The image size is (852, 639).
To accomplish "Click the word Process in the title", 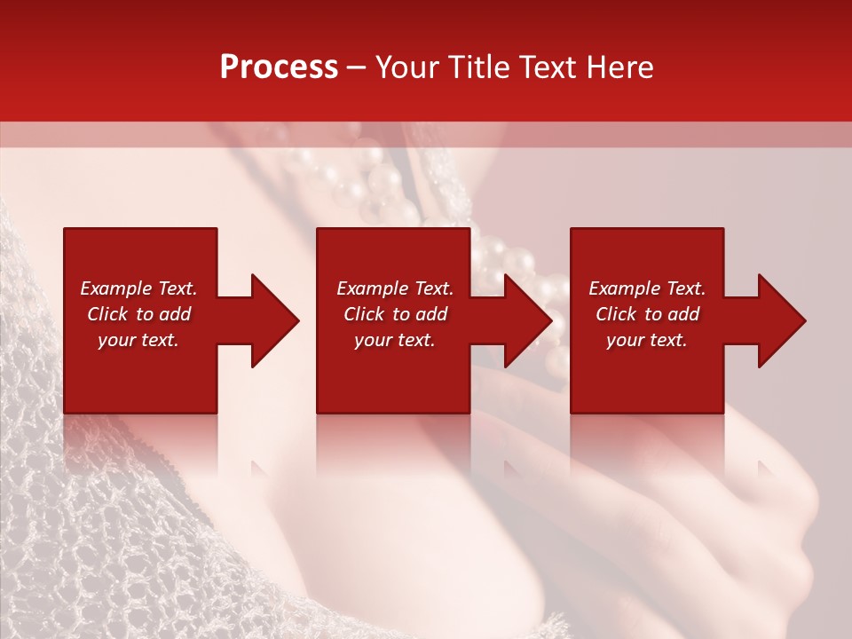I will click(x=279, y=67).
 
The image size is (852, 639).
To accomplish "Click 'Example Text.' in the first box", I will click(x=138, y=288).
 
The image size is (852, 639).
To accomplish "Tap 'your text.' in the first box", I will click(x=138, y=340).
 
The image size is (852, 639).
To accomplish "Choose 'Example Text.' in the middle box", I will click(x=395, y=288).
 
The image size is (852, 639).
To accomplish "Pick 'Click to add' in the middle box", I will click(x=395, y=314).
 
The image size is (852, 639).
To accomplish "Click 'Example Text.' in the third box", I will click(x=647, y=288).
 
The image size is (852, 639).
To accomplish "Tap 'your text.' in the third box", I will click(x=647, y=340).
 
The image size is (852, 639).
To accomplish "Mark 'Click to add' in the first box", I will click(x=138, y=314).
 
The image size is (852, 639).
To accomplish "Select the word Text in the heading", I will click(x=548, y=67).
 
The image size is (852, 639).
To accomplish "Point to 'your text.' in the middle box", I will click(x=395, y=340).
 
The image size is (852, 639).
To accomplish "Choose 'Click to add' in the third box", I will click(x=647, y=314).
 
